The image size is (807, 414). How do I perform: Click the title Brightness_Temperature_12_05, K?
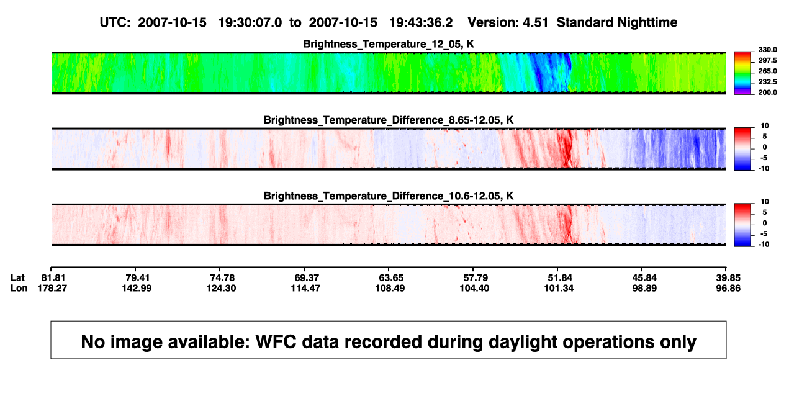point(389,44)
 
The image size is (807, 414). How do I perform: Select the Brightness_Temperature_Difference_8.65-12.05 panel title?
point(389,120)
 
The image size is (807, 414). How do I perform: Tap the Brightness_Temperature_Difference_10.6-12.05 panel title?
point(389,196)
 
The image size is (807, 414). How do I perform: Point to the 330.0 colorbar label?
point(767,50)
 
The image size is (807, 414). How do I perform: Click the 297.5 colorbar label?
point(767,61)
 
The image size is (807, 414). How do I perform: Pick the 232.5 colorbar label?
point(767,82)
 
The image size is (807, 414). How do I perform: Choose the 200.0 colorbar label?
point(767,92)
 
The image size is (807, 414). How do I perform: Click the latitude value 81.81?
point(53,278)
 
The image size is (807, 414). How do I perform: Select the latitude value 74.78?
point(222,278)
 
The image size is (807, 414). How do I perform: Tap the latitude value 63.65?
point(391,278)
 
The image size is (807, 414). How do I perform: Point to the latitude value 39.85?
point(728,278)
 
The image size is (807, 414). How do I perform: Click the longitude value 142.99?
point(137,288)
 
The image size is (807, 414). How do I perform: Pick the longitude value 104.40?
point(474,288)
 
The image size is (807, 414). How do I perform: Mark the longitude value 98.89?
point(644,288)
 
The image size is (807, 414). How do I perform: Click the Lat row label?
point(17,278)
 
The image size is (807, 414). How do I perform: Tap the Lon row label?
point(19,288)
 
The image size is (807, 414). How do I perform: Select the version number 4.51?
point(535,22)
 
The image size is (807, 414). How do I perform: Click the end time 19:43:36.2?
point(420,22)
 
